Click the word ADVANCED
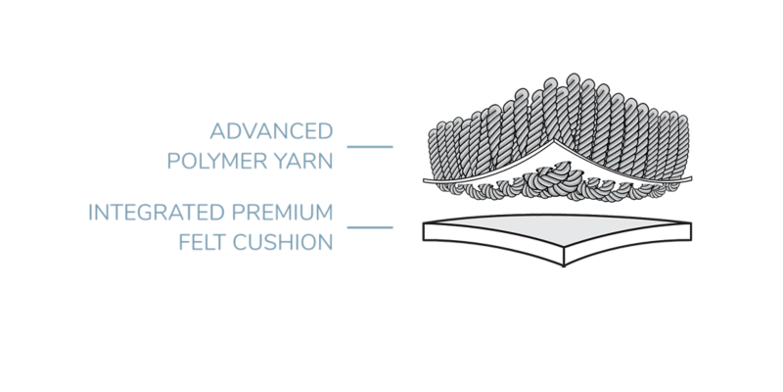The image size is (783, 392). point(270,130)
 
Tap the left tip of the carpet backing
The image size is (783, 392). point(424,181)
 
